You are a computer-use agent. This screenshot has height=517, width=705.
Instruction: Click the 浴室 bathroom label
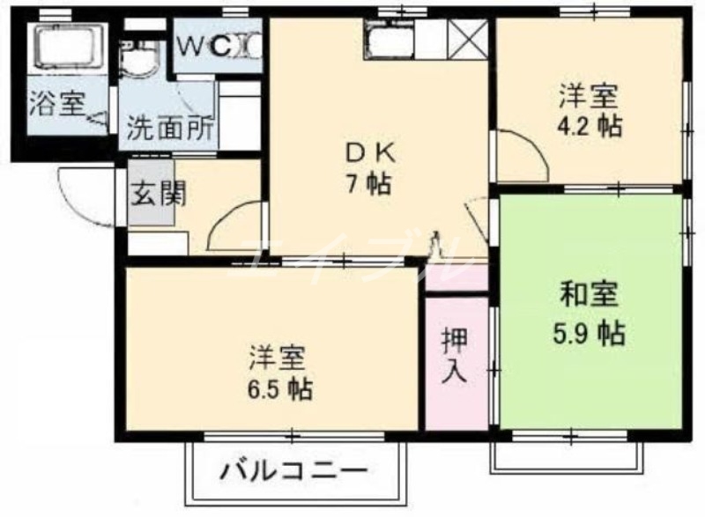[x=56, y=105]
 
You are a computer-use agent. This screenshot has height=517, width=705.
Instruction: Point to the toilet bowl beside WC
[x=249, y=47]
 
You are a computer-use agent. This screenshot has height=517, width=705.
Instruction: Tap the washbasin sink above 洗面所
[x=138, y=63]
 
